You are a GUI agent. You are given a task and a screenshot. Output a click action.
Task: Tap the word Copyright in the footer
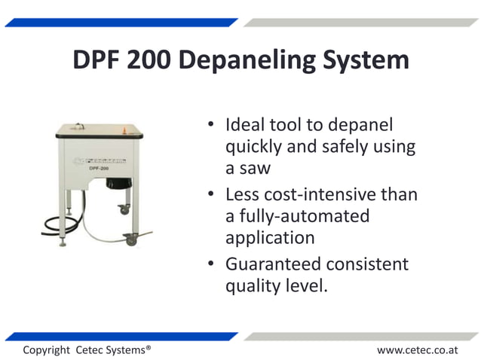click(x=47, y=350)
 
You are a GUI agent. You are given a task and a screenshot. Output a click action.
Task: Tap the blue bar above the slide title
click(x=121, y=23)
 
